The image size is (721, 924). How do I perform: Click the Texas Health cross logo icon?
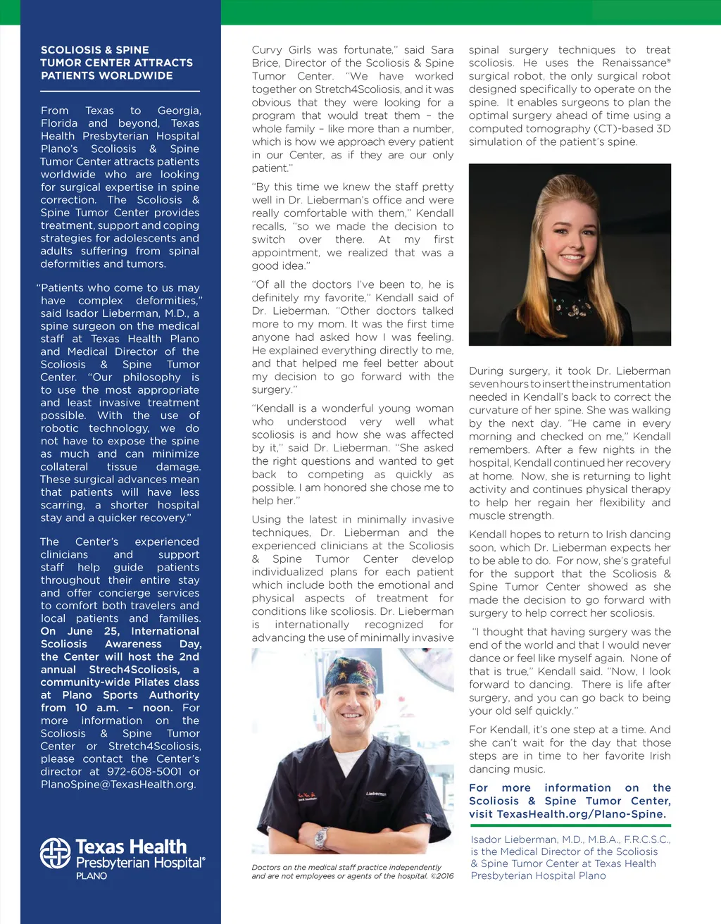(x=56, y=853)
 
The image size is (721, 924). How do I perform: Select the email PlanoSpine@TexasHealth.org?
(x=118, y=784)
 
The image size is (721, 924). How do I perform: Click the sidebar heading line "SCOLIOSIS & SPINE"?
(x=95, y=50)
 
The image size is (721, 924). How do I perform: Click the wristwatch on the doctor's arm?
(x=322, y=837)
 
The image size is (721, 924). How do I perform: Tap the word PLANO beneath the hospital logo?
(x=92, y=876)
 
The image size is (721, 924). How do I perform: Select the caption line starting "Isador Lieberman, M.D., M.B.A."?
(x=570, y=839)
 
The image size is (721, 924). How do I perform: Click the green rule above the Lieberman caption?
(x=570, y=825)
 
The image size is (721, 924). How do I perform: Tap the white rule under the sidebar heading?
(x=120, y=92)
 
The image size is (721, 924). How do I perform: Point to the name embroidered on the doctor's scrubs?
(x=376, y=794)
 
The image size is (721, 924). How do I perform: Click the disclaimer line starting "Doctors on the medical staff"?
(x=346, y=867)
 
